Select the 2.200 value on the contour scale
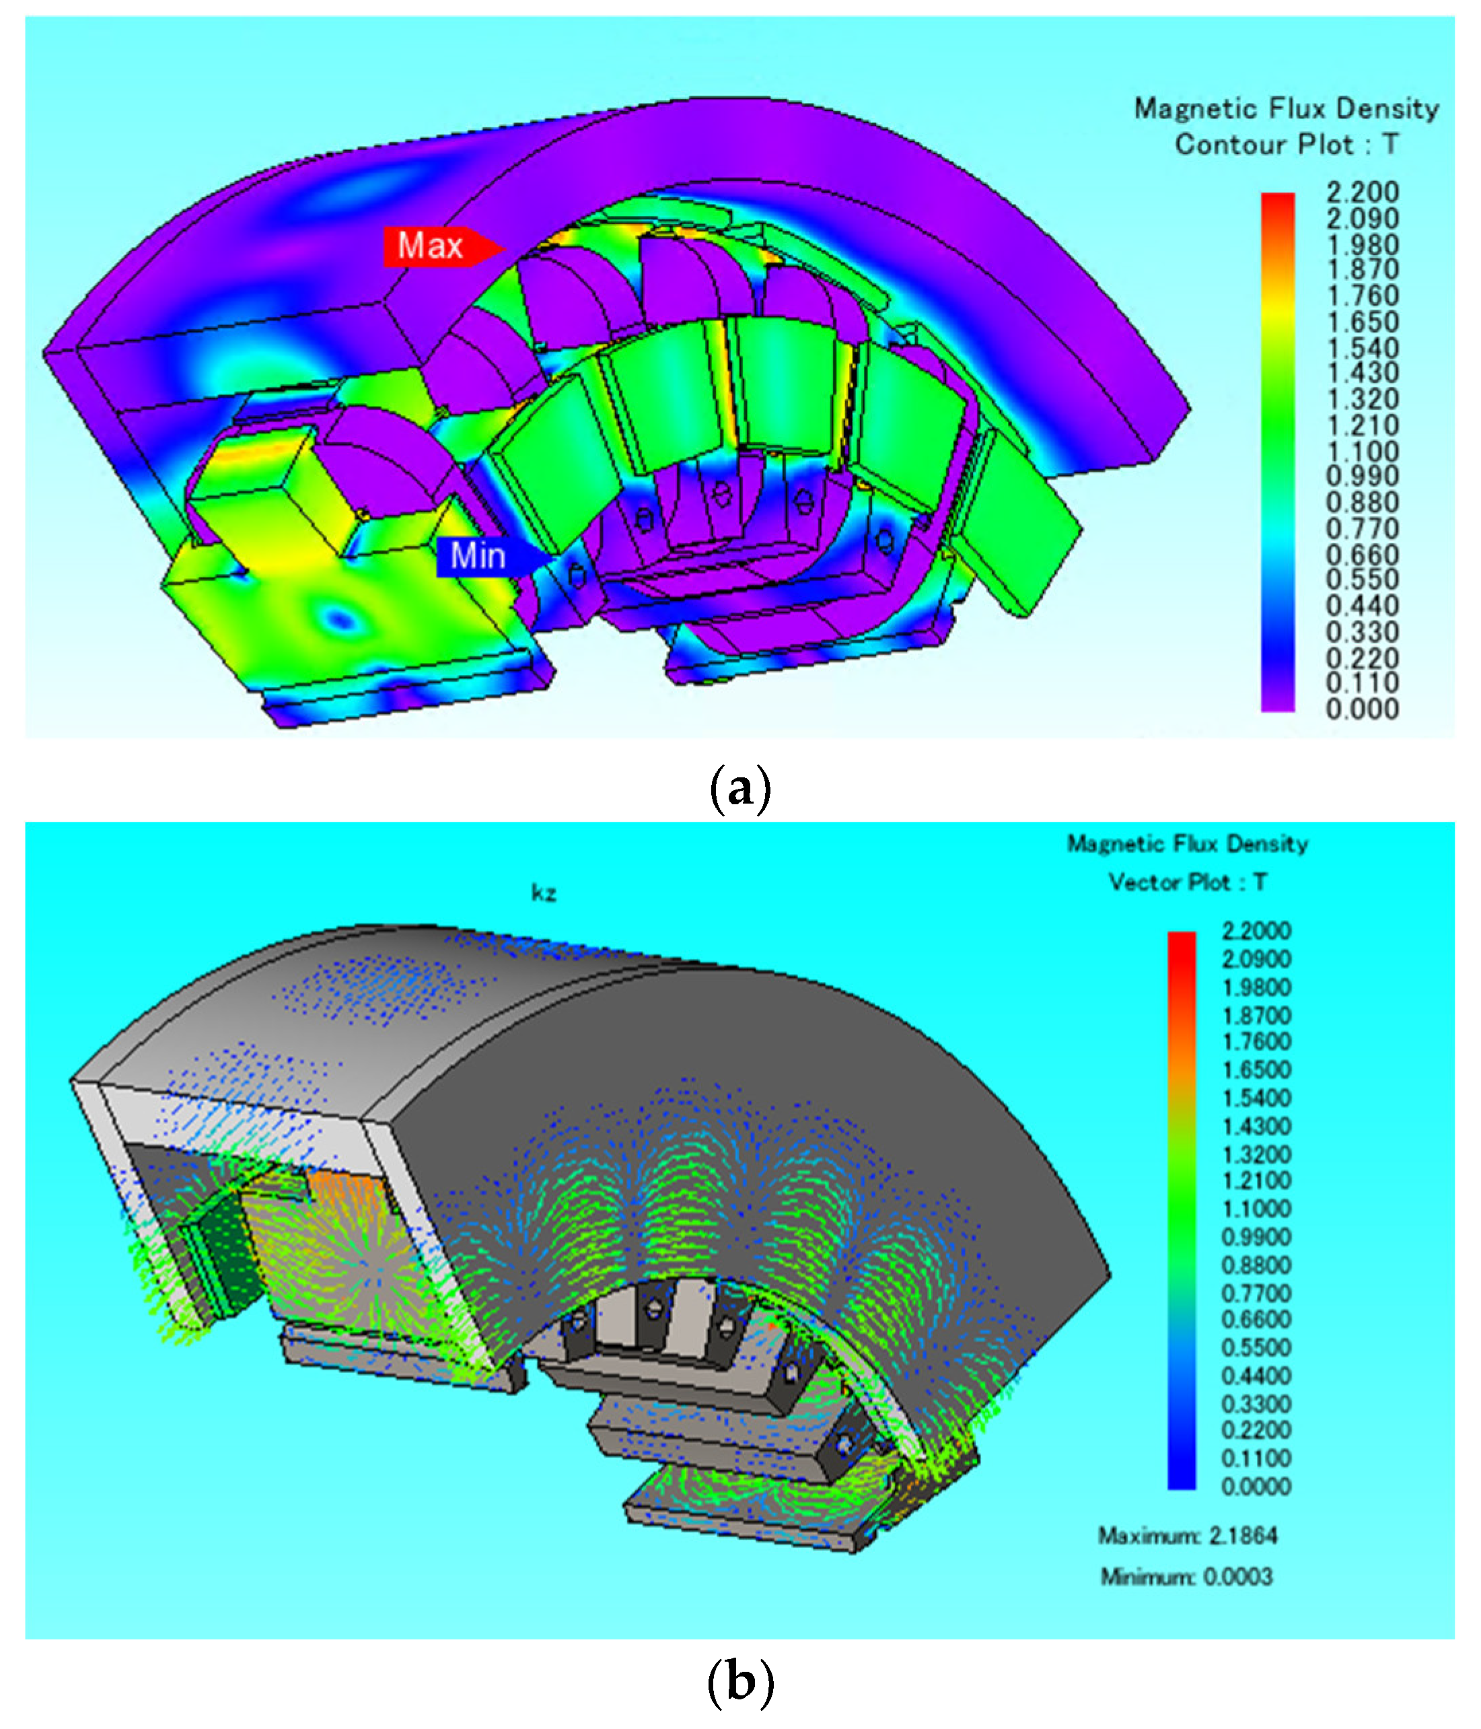pos(1362,192)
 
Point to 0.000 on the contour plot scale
pos(1362,709)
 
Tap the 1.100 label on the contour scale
pos(1362,452)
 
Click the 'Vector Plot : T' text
pos(1188,882)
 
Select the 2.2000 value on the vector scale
pos(1256,930)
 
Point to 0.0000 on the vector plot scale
pos(1256,1486)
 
